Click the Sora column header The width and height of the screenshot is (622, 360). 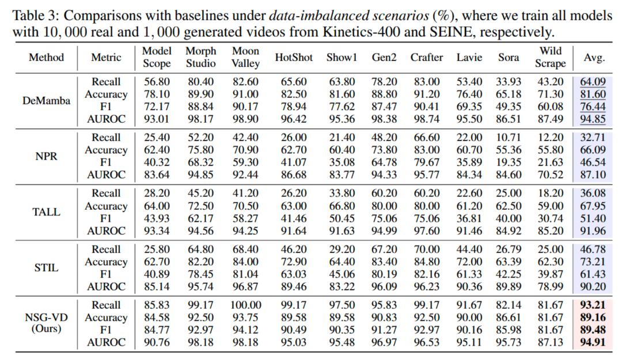[x=509, y=58]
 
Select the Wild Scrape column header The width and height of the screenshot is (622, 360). [x=550, y=57]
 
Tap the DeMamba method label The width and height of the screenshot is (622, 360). [x=46, y=100]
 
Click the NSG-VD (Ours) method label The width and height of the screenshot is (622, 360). [x=46, y=323]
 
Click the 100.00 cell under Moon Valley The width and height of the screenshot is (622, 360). [x=246, y=305]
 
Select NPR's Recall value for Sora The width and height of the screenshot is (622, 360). [x=509, y=138]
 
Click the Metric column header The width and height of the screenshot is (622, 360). [x=106, y=58]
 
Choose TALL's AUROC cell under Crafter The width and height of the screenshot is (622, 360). [x=427, y=231]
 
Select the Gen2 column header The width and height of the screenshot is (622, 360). [x=384, y=58]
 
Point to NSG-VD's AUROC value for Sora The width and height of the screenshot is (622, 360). [x=509, y=343]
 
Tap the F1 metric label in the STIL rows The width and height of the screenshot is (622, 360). [x=106, y=274]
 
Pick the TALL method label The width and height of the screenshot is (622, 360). [x=46, y=212]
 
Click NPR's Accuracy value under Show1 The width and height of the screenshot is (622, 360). [x=342, y=150]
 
